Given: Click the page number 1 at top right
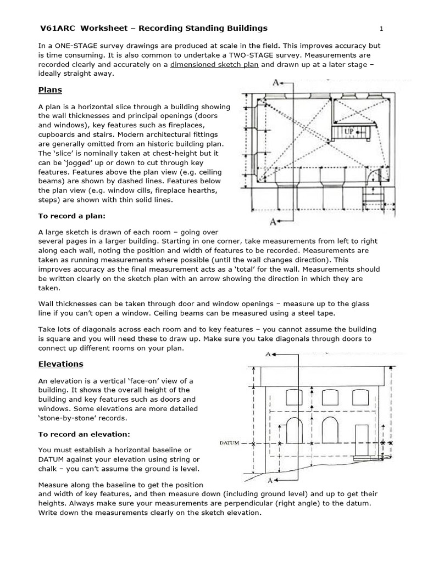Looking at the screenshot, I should pos(380,28).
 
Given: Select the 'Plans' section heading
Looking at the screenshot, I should pos(50,89).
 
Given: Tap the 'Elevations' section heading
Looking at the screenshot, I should pos(60,363).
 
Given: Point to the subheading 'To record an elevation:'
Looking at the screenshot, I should pos(84,434).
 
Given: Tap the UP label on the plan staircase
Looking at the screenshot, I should pos(348,132).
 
